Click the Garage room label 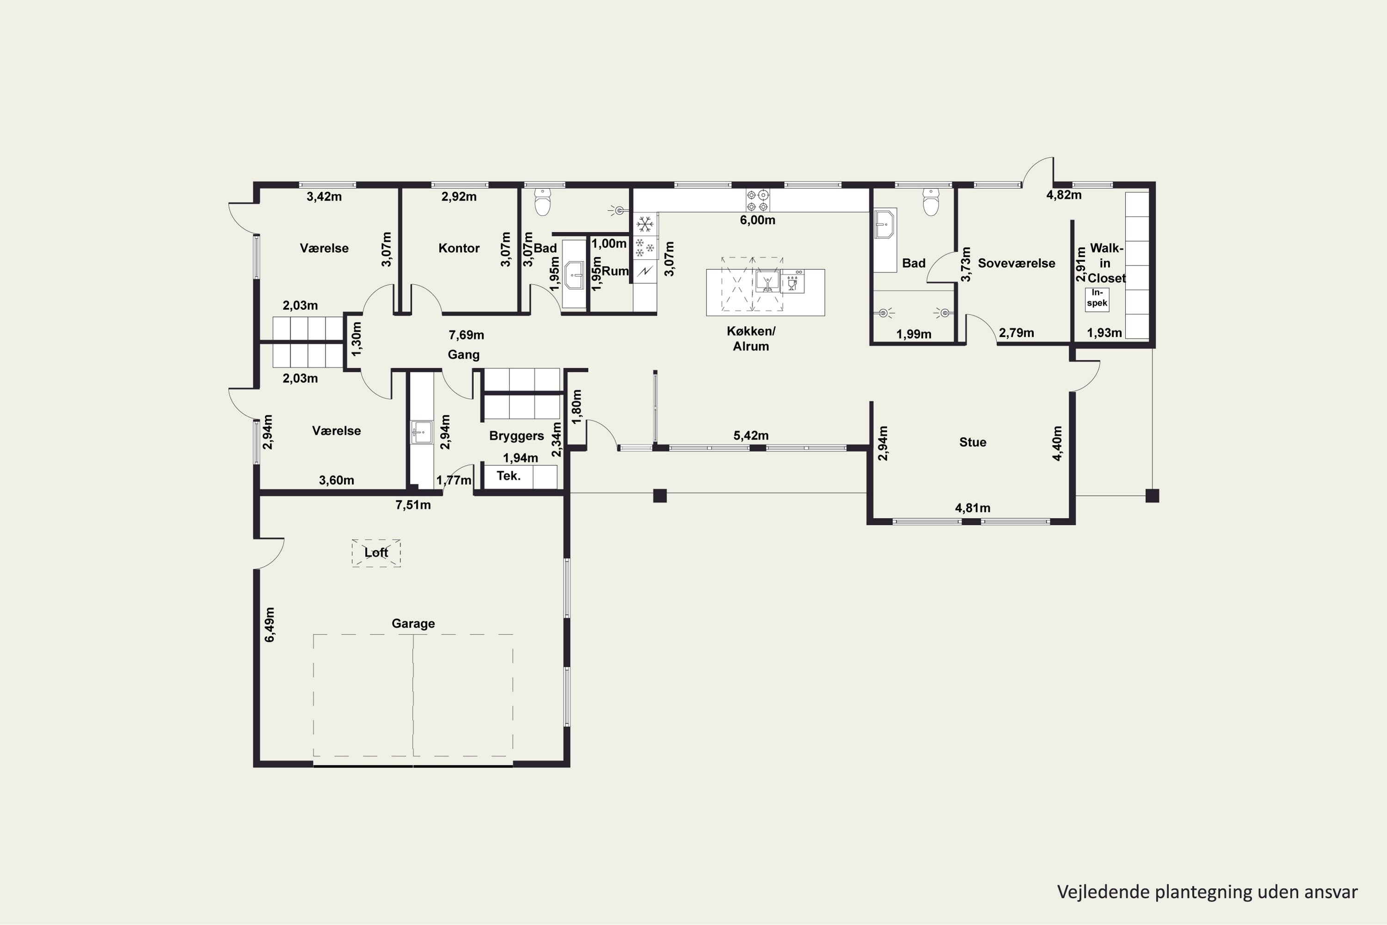tap(413, 623)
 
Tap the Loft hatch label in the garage tap(376, 553)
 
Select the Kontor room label tap(459, 248)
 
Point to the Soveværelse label tap(1017, 263)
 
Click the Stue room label tap(972, 443)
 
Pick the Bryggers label tap(516, 437)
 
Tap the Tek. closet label tap(508, 476)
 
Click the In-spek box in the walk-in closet tap(1097, 299)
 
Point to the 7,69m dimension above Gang tap(466, 335)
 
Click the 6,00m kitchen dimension tap(758, 220)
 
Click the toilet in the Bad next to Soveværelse tap(931, 203)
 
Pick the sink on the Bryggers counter tap(422, 432)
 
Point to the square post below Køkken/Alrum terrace tap(660, 495)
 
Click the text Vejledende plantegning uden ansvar tap(1207, 892)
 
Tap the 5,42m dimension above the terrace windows tap(751, 435)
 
